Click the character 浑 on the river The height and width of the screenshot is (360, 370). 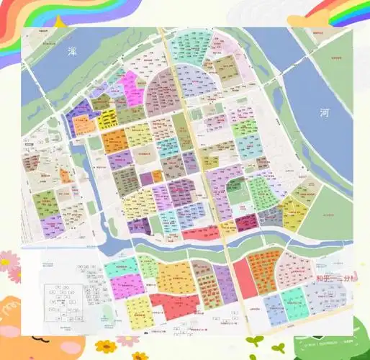72,51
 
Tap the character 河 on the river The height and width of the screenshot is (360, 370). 325,112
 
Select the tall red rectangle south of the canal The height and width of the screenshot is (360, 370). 244,278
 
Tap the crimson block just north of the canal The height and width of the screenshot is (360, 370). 246,222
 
